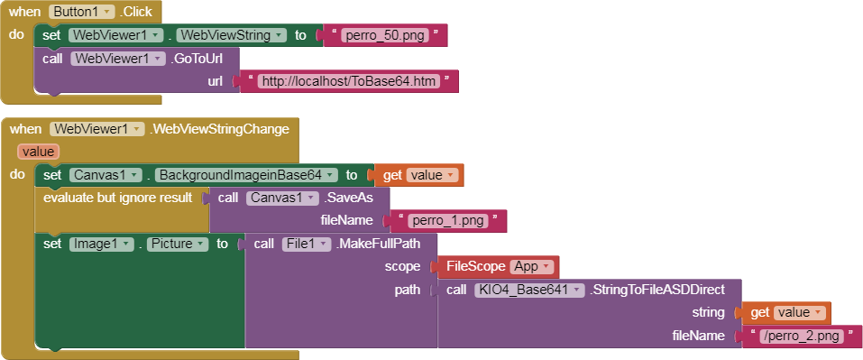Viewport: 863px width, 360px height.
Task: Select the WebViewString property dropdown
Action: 231,35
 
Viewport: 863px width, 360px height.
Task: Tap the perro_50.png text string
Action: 384,35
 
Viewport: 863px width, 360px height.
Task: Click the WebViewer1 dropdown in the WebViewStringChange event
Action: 97,129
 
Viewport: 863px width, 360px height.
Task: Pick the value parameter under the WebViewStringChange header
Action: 38,152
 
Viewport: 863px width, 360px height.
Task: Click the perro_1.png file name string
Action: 448,220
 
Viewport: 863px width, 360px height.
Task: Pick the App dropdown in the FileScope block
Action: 532,266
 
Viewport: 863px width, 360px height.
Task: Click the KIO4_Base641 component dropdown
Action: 529,290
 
